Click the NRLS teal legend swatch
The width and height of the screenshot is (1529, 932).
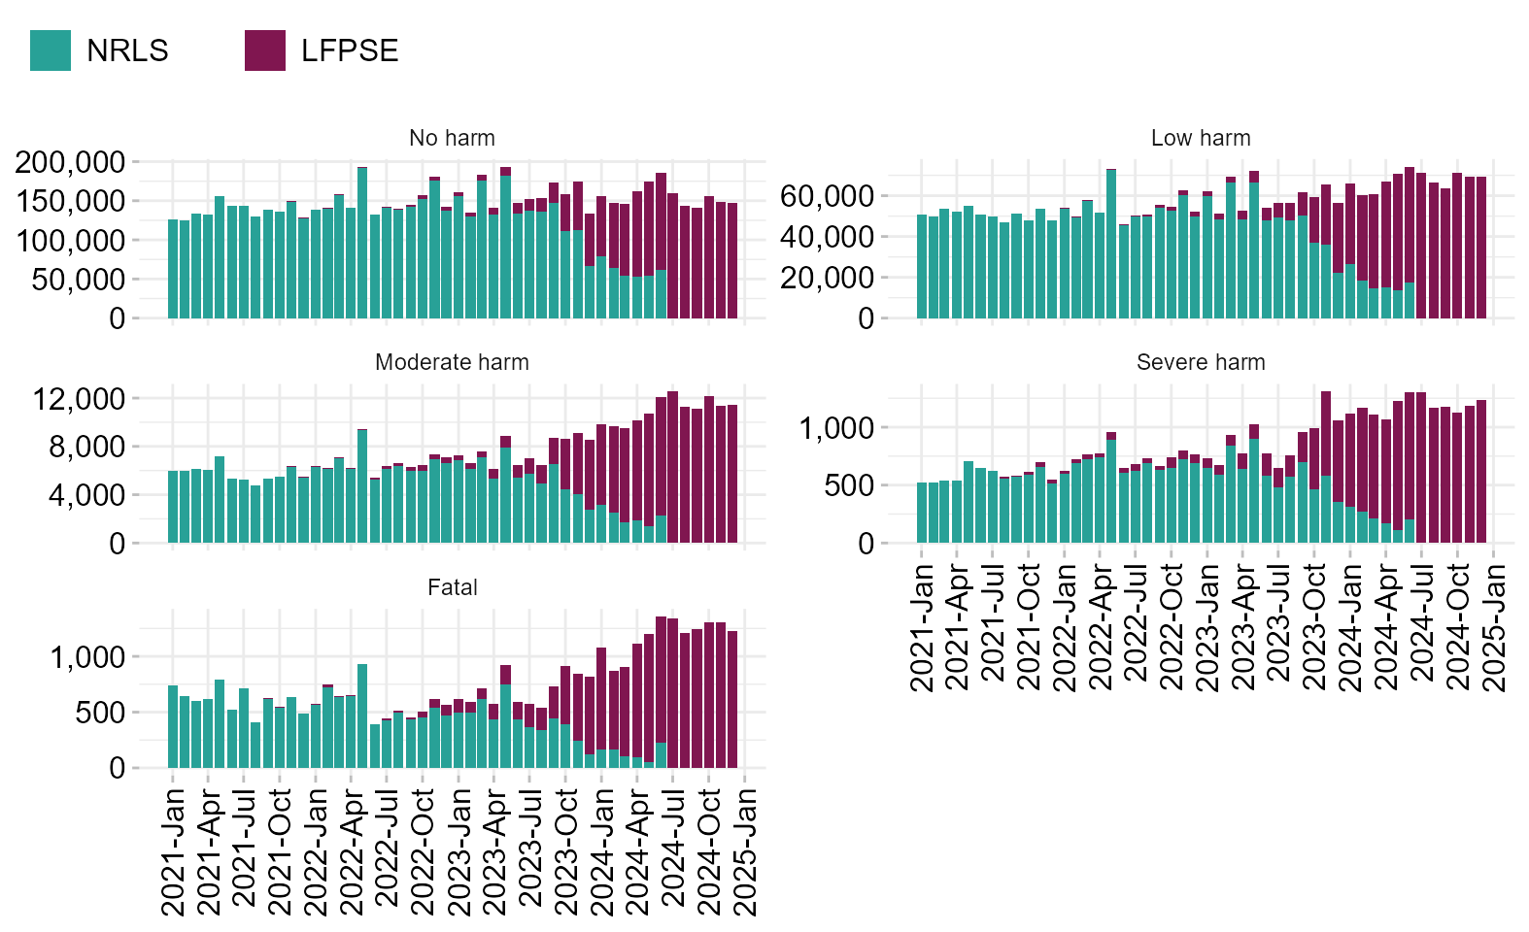tap(51, 50)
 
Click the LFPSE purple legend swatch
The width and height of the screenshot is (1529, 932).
tap(265, 50)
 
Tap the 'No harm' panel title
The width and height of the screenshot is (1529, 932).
tap(452, 138)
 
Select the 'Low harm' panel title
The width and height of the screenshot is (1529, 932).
tap(1201, 138)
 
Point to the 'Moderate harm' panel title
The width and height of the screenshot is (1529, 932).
tap(452, 362)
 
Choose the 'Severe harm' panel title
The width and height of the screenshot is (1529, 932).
tap(1201, 362)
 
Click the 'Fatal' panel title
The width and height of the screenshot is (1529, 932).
tap(452, 587)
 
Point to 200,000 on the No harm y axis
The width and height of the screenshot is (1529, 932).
tap(70, 162)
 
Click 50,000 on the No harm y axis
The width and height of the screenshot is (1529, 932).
tap(79, 280)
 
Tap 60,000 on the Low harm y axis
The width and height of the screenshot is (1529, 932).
tap(827, 196)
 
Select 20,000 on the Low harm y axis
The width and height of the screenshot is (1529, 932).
tap(827, 278)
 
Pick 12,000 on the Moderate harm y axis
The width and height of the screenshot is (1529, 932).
tap(79, 399)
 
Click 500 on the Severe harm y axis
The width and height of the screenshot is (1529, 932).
tap(849, 485)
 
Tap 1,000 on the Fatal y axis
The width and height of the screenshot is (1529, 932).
tap(87, 657)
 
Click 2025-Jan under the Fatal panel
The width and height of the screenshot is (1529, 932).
tap(745, 850)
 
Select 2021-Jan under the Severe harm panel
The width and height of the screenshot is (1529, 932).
tap(921, 626)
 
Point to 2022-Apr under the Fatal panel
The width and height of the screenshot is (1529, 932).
tap(352, 850)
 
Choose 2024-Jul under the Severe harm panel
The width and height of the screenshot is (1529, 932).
tap(1421, 626)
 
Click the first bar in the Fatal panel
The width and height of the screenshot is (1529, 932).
tap(173, 727)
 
